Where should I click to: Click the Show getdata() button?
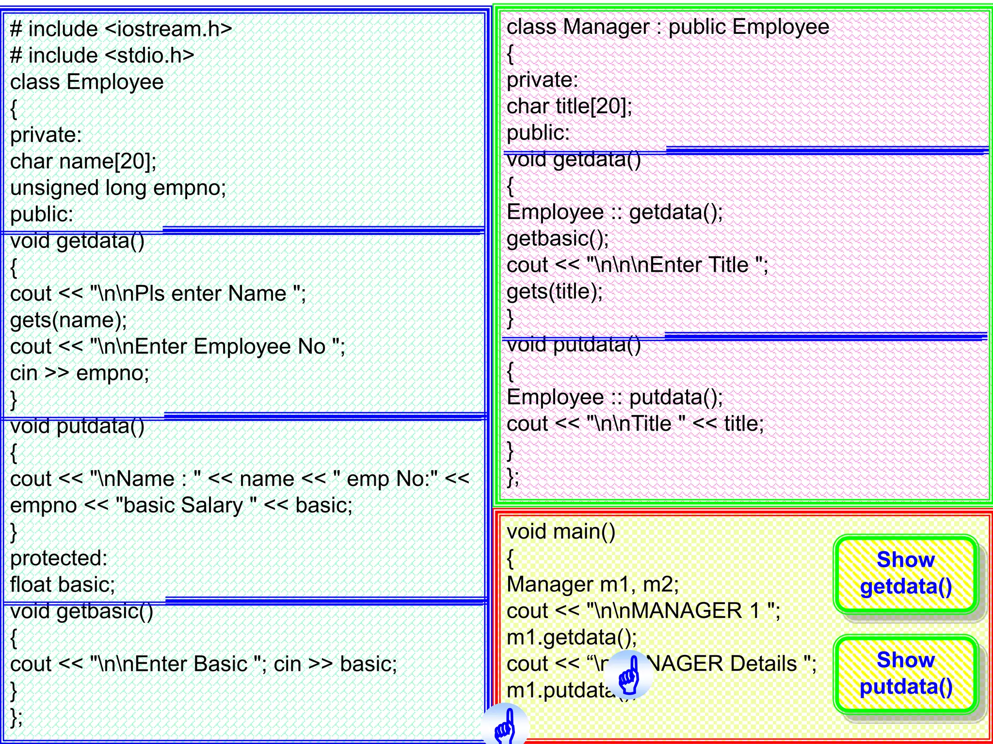[x=905, y=573]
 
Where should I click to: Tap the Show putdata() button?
[x=905, y=673]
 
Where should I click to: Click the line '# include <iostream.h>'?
[x=121, y=29]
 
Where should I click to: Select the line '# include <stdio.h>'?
[x=102, y=56]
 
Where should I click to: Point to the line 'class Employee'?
[x=87, y=82]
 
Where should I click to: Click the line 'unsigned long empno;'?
[x=118, y=188]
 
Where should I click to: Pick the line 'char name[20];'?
[x=83, y=161]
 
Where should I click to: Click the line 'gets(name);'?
[x=68, y=320]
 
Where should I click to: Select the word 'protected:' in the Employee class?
[x=59, y=558]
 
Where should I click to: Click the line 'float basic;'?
[x=63, y=585]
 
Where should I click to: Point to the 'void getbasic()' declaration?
[x=81, y=612]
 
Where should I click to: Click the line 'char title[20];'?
[x=569, y=107]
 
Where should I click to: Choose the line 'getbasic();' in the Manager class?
[x=558, y=239]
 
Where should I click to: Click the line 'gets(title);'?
[x=555, y=292]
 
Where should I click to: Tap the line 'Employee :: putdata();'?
[x=615, y=398]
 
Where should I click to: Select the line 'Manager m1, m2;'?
[x=593, y=585]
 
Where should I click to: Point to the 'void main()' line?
[x=561, y=532]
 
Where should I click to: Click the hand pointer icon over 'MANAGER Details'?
[x=629, y=674]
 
